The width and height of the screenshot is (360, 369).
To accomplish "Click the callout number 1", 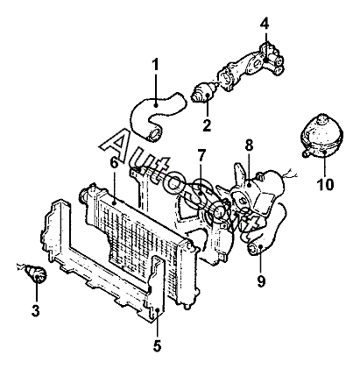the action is click(x=155, y=65).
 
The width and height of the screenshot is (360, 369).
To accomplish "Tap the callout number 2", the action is click(x=207, y=125).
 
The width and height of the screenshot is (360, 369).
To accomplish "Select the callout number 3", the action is click(x=35, y=310).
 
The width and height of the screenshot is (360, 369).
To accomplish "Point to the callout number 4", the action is click(x=265, y=24).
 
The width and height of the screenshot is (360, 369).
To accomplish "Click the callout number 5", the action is click(x=157, y=346).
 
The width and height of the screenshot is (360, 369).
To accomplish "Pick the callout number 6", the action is click(x=114, y=162).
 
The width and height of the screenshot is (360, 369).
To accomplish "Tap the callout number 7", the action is click(x=201, y=156).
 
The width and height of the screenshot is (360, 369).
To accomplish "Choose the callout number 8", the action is click(x=249, y=145).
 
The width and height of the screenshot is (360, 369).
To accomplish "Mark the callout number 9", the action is click(x=261, y=281).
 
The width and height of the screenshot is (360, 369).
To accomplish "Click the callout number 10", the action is click(x=325, y=184).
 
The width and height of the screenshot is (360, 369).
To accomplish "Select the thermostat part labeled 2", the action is click(x=204, y=91).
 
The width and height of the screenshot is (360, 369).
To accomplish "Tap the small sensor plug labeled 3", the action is click(x=34, y=273).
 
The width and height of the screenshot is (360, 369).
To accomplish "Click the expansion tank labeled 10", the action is click(x=321, y=136).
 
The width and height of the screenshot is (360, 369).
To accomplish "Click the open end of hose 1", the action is click(x=154, y=134).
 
